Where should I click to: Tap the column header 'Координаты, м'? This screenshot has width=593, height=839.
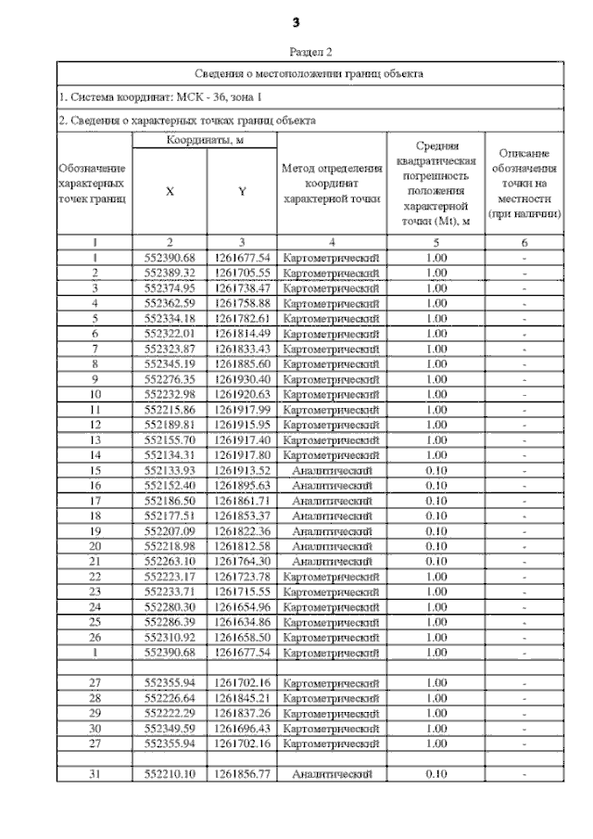204,139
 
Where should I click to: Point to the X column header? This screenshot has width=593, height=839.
170,191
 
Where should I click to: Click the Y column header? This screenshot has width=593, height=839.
242,191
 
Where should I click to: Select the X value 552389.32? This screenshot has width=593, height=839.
170,273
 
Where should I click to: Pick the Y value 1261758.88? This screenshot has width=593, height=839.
242,303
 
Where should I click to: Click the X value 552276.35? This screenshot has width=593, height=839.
170,379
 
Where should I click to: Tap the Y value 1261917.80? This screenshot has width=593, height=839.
242,455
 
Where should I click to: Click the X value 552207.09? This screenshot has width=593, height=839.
170,531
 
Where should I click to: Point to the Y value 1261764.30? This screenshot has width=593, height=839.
242,561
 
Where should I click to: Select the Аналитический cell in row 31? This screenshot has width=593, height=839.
332,773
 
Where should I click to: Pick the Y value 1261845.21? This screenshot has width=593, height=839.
242,697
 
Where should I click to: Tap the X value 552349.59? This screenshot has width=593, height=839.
170,728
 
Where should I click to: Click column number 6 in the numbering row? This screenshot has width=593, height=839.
524,243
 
